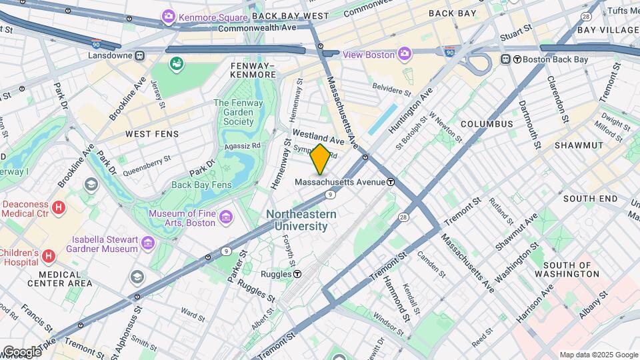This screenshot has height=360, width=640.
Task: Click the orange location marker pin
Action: point(321,159)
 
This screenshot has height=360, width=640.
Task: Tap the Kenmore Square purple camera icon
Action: point(169,15)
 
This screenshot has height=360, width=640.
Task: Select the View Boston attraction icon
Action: point(405,54)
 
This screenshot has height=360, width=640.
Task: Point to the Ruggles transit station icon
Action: point(297,274)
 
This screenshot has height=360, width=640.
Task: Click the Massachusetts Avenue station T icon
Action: point(390,182)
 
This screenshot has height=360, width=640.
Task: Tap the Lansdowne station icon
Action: point(140,55)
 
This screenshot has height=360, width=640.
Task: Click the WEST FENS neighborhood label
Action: point(153,134)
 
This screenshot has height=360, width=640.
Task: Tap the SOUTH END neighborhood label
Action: point(590,199)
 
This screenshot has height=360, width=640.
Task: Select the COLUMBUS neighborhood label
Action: point(487,124)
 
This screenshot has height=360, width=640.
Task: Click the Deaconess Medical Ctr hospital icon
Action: point(59,209)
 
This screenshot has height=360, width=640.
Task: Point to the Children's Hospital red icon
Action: point(49,256)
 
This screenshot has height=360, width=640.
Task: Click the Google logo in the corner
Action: point(21,351)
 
